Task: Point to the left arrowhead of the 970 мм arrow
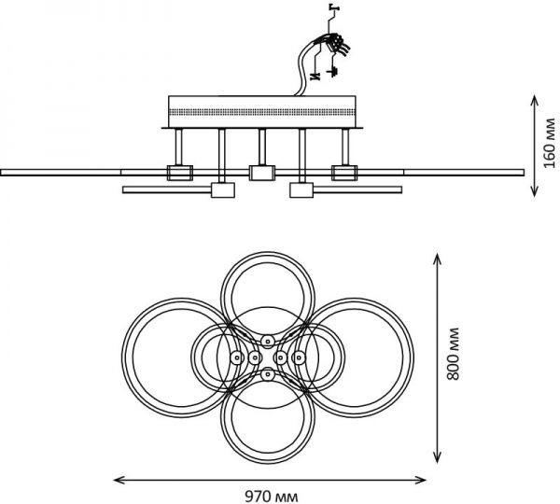(x=117, y=480)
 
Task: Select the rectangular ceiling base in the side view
(x=262, y=111)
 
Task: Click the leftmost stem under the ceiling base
(x=177, y=147)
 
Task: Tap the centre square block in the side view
(x=262, y=172)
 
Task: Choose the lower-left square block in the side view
(x=222, y=190)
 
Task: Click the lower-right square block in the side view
(x=301, y=190)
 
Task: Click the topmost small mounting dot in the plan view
(x=267, y=339)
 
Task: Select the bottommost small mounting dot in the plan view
(x=267, y=374)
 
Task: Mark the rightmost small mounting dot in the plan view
(x=299, y=357)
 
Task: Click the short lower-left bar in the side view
(x=168, y=190)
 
